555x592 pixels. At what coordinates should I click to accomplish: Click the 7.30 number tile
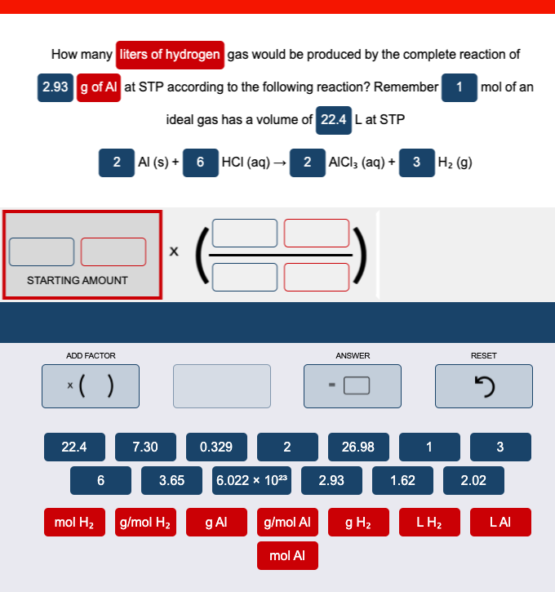click(144, 447)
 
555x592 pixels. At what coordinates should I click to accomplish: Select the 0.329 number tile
click(215, 447)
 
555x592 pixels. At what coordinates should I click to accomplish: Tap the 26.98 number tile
click(357, 447)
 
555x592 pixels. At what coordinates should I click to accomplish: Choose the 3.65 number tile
click(171, 480)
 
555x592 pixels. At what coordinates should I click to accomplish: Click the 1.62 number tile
click(402, 480)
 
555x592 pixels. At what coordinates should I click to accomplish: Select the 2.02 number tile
click(473, 480)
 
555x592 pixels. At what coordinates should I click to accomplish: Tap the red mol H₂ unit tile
click(74, 522)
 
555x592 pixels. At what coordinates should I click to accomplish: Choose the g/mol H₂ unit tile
click(144, 522)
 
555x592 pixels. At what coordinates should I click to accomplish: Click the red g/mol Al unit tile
click(287, 522)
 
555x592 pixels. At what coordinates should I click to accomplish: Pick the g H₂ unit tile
click(358, 522)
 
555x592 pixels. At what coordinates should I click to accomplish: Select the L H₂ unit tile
click(429, 522)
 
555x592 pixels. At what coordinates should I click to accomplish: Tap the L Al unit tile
click(499, 522)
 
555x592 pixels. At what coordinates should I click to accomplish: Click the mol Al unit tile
click(287, 555)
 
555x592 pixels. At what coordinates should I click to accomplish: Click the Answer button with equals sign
click(353, 385)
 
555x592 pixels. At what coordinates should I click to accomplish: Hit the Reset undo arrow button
click(483, 385)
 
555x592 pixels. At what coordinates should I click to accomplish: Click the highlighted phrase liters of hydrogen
click(170, 55)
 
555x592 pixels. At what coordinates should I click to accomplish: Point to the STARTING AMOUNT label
click(78, 280)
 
